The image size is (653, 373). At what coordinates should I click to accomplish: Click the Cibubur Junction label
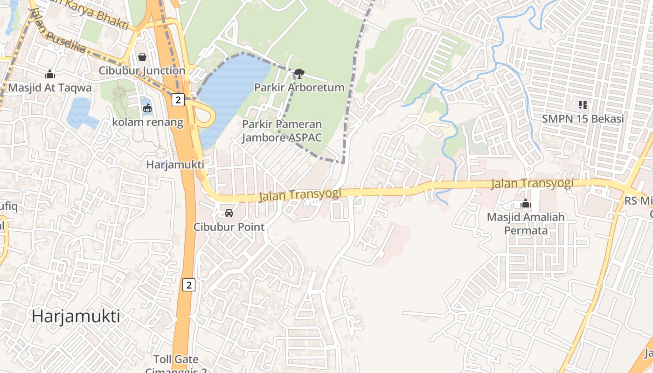pos(142,70)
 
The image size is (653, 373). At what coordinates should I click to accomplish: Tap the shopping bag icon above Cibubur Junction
pos(142,57)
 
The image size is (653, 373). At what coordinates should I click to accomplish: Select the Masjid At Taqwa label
pos(50,87)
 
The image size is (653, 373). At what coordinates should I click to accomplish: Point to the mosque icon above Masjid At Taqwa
pos(50,74)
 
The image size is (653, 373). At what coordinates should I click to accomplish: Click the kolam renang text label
pos(147,122)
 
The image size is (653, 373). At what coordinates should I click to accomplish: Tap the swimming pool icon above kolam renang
pos(147,108)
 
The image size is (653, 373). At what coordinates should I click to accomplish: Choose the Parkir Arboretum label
pos(299,87)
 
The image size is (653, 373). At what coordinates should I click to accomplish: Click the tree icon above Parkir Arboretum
pos(299,73)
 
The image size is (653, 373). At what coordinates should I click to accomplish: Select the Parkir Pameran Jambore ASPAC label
pos(282,131)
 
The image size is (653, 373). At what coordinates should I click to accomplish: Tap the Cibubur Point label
pos(229,227)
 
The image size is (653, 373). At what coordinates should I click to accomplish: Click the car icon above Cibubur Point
pos(229,213)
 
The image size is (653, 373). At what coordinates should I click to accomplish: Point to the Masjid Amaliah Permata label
pos(526,224)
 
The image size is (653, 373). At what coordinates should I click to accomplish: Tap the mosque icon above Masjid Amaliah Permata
pos(526,204)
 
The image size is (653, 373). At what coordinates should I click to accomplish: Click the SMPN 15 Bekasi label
pos(583,118)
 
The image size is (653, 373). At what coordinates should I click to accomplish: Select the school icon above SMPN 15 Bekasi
pos(583,105)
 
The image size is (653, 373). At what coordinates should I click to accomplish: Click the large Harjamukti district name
pos(76,316)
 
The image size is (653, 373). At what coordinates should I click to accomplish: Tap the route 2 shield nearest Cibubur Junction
pos(178,99)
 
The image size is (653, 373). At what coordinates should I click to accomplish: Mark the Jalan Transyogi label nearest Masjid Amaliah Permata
pos(532,183)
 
